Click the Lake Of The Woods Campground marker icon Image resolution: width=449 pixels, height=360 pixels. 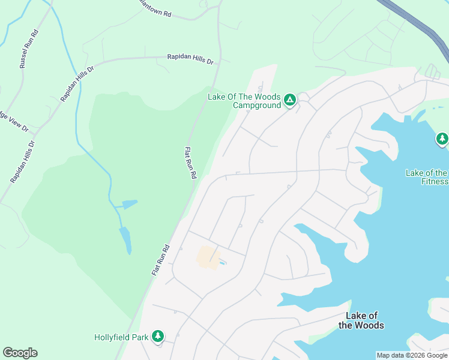[290, 100]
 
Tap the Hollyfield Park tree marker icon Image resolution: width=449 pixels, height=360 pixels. [158, 337]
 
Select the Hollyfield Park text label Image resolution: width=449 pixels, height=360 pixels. [121, 337]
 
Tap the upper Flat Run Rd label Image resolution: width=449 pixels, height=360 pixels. [190, 163]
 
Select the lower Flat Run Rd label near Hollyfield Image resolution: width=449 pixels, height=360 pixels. [160, 260]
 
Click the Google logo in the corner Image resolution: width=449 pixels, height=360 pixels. [20, 353]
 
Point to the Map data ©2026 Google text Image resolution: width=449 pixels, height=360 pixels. [412, 355]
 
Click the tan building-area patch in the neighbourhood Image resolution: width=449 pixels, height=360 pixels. [206, 257]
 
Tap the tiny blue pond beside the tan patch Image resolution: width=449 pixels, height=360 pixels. [223, 263]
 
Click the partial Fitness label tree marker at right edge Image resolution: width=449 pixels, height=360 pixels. [442, 139]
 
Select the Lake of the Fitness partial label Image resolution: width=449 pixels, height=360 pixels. [427, 177]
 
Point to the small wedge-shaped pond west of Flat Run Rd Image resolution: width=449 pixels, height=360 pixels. [128, 204]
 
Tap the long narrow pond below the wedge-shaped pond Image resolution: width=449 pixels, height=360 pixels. [125, 239]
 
